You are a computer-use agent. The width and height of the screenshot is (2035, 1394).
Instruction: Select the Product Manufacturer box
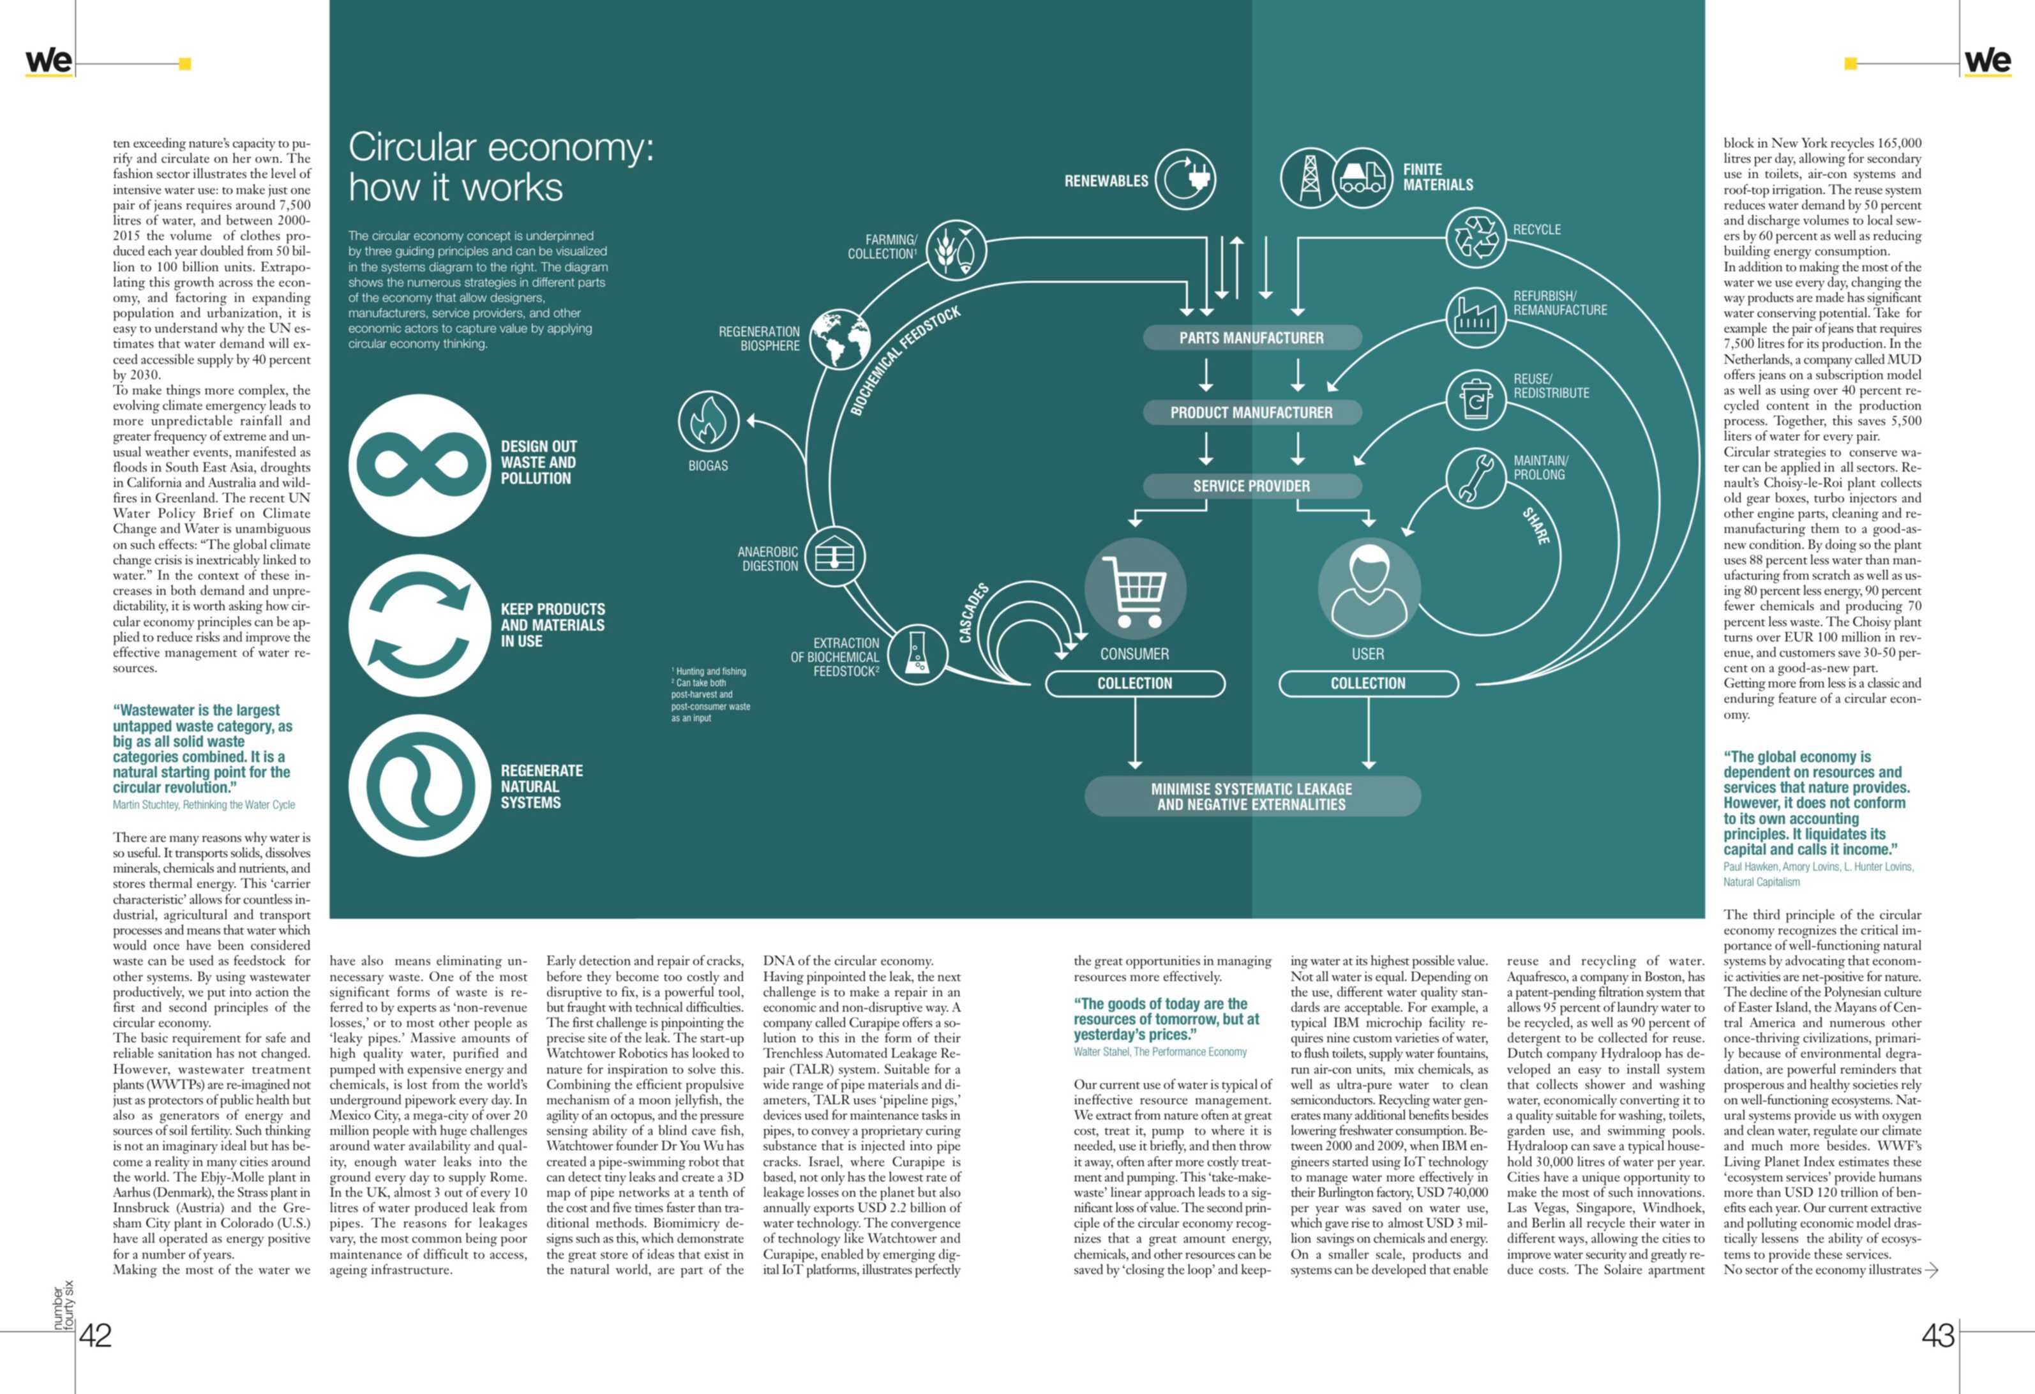coord(1251,412)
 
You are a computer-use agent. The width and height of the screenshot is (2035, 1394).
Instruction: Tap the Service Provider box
coord(1251,486)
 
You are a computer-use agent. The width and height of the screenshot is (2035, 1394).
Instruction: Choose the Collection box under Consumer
coord(1135,684)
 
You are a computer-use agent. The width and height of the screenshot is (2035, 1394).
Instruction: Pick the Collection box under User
coord(1368,684)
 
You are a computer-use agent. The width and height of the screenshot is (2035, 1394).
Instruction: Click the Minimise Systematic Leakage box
coord(1251,797)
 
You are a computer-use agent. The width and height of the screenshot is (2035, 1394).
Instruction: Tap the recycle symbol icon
coord(1476,237)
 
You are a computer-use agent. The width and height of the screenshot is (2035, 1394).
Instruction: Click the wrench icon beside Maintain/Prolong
coord(1476,478)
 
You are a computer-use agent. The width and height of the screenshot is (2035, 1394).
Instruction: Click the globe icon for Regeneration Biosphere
coord(839,340)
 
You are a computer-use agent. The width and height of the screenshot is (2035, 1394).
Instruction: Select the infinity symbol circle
coord(419,465)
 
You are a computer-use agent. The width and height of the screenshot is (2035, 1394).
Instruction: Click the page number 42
coord(96,1335)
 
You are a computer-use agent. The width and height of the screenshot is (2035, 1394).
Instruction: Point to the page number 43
coord(1939,1335)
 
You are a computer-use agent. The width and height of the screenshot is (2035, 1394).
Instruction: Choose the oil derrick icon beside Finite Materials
coord(1310,177)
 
